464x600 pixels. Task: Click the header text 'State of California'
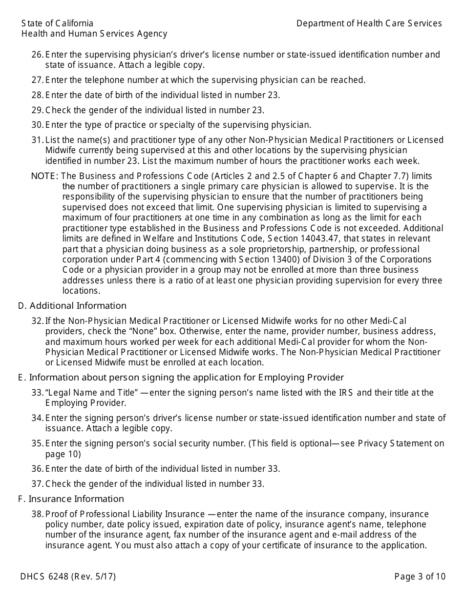pyautogui.click(x=57, y=23)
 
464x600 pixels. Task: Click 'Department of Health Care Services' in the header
pyautogui.click(x=369, y=23)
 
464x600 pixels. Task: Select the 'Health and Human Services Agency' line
pyautogui.click(x=94, y=34)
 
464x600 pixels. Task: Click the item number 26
pyautogui.click(x=37, y=55)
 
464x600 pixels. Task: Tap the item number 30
pyautogui.click(x=37, y=125)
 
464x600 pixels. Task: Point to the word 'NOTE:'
pyautogui.click(x=44, y=176)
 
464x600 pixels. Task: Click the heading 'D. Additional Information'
pyautogui.click(x=72, y=306)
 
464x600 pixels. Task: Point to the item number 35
pyautogui.click(x=37, y=443)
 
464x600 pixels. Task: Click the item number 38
pyautogui.click(x=37, y=514)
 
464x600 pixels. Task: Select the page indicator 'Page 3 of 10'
pyautogui.click(x=420, y=577)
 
